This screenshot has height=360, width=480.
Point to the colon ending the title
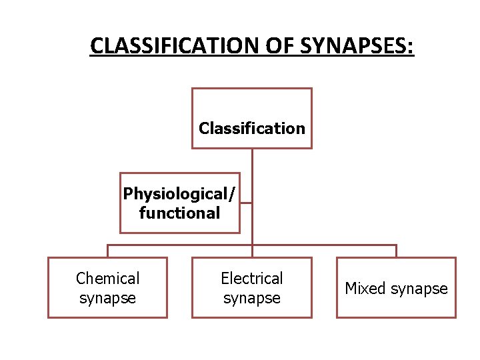411,47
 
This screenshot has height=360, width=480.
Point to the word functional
179,213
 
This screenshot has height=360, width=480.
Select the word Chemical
107,278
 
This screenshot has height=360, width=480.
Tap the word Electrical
251,278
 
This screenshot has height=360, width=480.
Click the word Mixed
365,289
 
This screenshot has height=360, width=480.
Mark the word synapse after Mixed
419,289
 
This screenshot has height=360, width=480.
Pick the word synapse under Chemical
107,298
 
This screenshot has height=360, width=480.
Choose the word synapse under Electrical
251,298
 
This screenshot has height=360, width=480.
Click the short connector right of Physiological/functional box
246,203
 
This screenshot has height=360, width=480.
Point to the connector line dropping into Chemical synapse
108,251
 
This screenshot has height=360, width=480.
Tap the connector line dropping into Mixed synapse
396,251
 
